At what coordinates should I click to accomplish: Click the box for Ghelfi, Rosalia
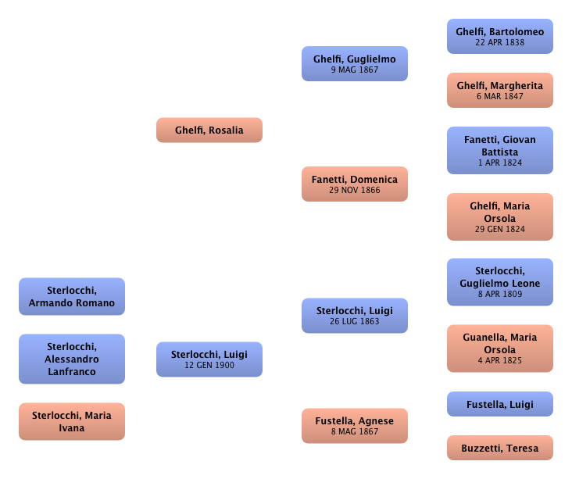209,130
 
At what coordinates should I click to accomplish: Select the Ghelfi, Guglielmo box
355,64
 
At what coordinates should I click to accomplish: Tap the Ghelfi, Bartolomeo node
500,37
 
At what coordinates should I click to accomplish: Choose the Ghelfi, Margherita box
500,91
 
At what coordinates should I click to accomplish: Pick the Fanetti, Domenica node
355,184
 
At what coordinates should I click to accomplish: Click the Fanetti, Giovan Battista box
500,151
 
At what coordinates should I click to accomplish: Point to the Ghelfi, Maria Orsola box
500,217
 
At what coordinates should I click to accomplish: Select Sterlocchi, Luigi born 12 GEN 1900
209,359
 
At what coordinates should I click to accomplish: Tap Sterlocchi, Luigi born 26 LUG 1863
355,316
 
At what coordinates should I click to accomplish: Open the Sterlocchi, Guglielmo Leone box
500,283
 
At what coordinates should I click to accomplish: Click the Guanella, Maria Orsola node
500,349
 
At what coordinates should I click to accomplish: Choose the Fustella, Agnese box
355,426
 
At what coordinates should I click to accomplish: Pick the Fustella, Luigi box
500,404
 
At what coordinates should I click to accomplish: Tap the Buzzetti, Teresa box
500,449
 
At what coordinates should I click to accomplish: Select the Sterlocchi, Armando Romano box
72,297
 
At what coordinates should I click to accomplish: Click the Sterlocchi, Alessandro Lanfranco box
72,359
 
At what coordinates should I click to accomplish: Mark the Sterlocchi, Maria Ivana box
72,421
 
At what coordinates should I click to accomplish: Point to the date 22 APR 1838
500,42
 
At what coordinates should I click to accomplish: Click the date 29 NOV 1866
355,191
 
